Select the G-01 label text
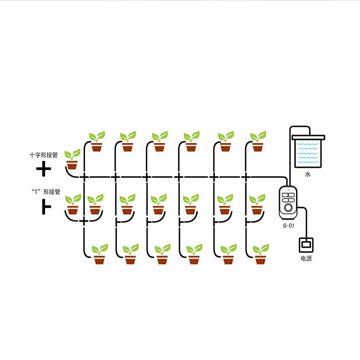pyautogui.click(x=288, y=226)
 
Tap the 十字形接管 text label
pyautogui.click(x=44, y=155)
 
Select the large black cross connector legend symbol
pyautogui.click(x=44, y=170)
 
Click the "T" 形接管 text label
pyautogui.click(x=44, y=192)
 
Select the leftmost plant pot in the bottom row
pyautogui.click(x=99, y=259)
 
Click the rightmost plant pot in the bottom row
pyautogui.click(x=260, y=259)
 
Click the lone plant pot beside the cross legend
pyautogui.click(x=72, y=164)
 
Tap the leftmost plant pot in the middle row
pyautogui.click(x=72, y=209)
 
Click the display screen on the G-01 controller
pyautogui.click(x=288, y=195)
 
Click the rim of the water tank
pyautogui.click(x=308, y=136)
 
